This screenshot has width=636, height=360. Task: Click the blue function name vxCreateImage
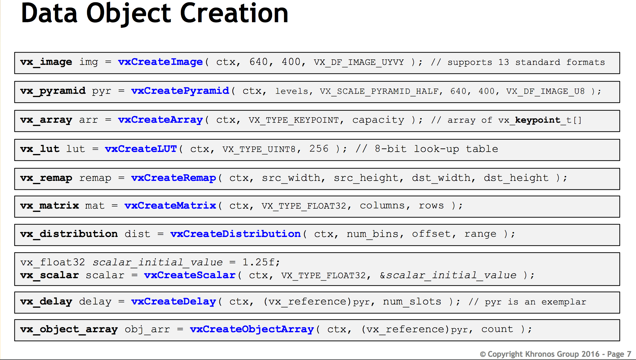160,62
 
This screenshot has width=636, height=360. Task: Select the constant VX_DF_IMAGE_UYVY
359,62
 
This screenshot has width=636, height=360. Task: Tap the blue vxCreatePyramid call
180,91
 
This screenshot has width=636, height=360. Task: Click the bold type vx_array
46,120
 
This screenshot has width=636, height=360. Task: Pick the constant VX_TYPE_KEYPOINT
293,120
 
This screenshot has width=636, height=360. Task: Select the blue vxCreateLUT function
141,149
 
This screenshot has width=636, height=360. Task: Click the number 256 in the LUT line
319,149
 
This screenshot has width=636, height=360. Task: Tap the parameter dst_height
516,178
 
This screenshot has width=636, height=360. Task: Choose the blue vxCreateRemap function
174,178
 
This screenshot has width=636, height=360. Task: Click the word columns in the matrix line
382,206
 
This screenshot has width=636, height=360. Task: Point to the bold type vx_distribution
69,234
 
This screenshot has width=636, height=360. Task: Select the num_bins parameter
372,234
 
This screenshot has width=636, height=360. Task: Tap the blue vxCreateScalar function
190,275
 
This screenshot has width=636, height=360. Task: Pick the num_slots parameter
412,302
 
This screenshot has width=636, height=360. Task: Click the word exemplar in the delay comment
564,302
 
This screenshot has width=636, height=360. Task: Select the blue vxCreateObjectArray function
252,329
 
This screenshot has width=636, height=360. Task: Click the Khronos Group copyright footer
555,354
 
